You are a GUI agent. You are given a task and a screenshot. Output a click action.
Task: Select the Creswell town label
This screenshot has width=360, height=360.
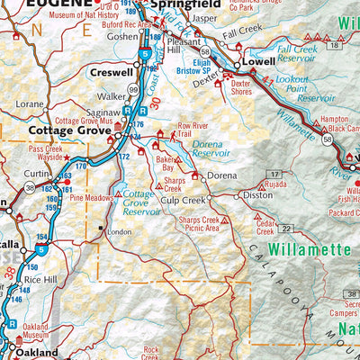pos(112,71)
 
